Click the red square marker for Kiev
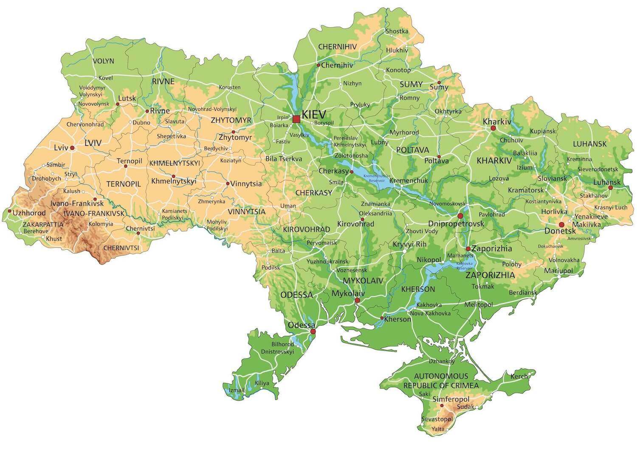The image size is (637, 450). pyautogui.click(x=296, y=119)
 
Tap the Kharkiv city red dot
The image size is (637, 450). pyautogui.click(x=493, y=128)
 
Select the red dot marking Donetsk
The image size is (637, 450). pyautogui.click(x=561, y=225)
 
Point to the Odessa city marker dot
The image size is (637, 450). pyautogui.click(x=313, y=331)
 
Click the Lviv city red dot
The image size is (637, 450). pyautogui.click(x=72, y=148)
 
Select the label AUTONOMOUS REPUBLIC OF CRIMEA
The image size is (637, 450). pyautogui.click(x=441, y=381)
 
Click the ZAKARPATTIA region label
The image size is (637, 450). pyautogui.click(x=43, y=224)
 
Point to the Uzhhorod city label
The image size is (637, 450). pyautogui.click(x=29, y=213)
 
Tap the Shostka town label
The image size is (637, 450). pyautogui.click(x=397, y=31)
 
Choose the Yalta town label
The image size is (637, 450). pyautogui.click(x=438, y=429)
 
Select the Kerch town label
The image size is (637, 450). pyautogui.click(x=519, y=376)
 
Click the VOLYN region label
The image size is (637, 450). pyautogui.click(x=104, y=61)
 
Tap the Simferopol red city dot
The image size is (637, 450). pyautogui.click(x=442, y=406)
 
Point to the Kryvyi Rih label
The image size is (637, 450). pyautogui.click(x=409, y=245)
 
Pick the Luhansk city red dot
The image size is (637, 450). pyautogui.click(x=610, y=187)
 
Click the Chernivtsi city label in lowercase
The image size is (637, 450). pyautogui.click(x=140, y=228)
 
